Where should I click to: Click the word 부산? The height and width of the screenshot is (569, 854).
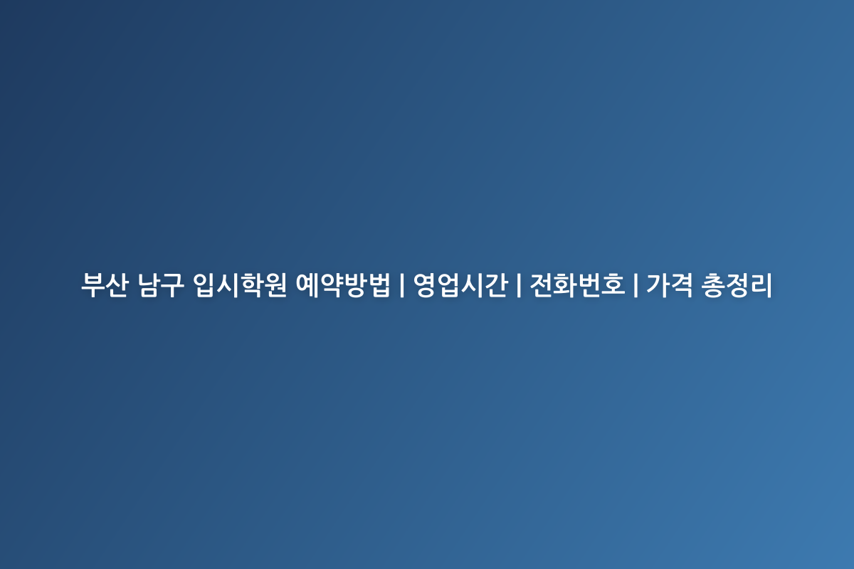click(x=105, y=284)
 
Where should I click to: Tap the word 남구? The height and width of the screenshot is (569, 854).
click(x=161, y=284)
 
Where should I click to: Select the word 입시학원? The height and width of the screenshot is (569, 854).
click(x=239, y=284)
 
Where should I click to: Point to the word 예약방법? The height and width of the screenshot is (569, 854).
click(x=343, y=284)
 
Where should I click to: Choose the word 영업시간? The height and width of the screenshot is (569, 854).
click(x=460, y=284)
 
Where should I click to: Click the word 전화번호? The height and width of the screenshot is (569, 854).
click(x=578, y=284)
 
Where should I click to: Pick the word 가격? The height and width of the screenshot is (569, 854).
click(x=670, y=284)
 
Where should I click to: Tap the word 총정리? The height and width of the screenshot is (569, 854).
click(x=737, y=284)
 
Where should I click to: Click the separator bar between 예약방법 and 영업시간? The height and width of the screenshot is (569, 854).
click(x=402, y=284)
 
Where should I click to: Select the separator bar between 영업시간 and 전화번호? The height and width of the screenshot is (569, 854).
click(x=519, y=284)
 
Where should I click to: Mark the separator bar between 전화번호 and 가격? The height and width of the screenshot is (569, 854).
click(x=636, y=284)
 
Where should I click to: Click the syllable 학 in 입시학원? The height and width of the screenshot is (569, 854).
click(x=251, y=284)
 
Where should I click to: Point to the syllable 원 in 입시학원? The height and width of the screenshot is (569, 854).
click(x=275, y=284)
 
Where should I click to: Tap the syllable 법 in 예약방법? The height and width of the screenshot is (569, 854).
click(x=379, y=284)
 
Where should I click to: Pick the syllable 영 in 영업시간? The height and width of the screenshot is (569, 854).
click(x=426, y=284)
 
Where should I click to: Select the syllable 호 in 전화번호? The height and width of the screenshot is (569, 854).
click(x=613, y=284)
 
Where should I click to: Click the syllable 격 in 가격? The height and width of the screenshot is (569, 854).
click(x=682, y=284)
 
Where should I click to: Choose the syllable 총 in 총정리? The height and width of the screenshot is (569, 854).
click(x=713, y=284)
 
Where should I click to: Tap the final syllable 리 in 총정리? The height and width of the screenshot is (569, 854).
click(x=761, y=284)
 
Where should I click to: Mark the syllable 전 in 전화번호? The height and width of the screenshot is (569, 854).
click(x=542, y=284)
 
